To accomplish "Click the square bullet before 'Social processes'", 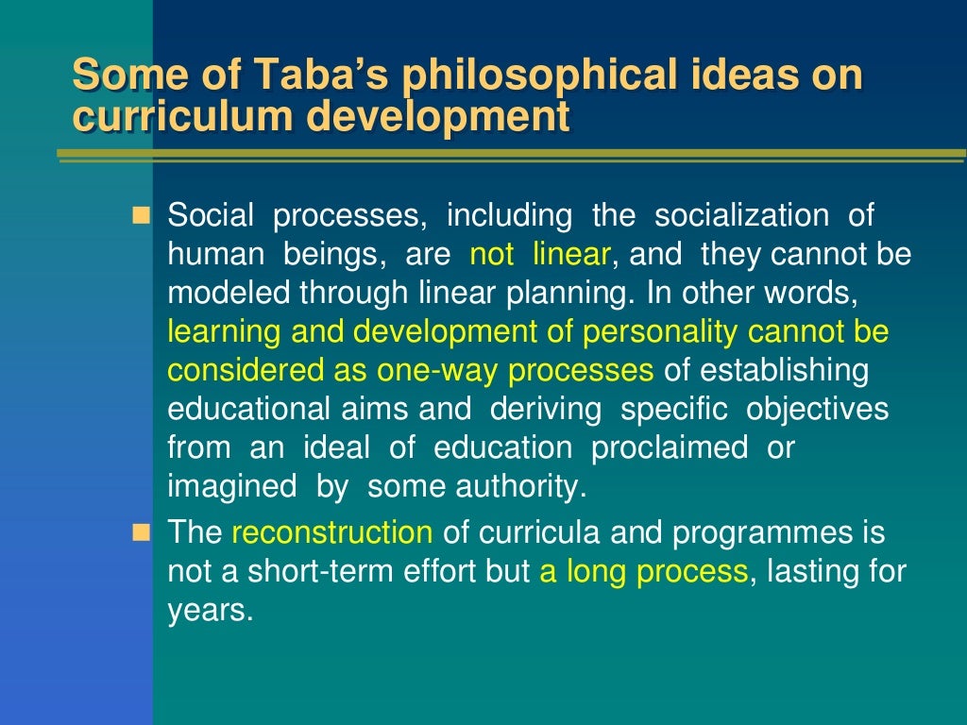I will [x=142, y=217].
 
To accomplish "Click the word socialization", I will [x=739, y=216].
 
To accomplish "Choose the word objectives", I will [x=817, y=410].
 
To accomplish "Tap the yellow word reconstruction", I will [x=332, y=533].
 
